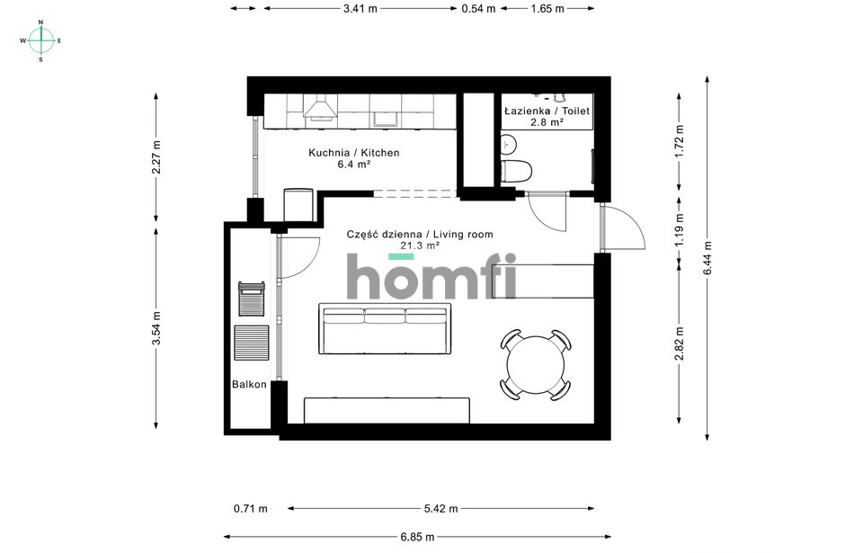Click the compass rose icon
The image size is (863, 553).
(x=40, y=40)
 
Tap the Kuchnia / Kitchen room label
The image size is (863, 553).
(x=354, y=153)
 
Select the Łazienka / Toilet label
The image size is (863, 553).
(x=547, y=111)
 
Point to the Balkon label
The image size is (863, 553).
(x=249, y=385)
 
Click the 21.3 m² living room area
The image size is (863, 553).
(x=420, y=245)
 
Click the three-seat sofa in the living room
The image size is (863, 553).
(x=386, y=328)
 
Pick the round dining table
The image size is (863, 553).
(x=536, y=365)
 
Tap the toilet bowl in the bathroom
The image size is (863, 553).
(x=516, y=171)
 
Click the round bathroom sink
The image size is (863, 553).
(x=509, y=144)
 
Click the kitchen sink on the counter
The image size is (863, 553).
(x=386, y=119)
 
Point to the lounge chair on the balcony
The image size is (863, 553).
(x=252, y=299)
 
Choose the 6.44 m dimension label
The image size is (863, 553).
(x=707, y=258)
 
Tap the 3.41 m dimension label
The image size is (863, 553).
(x=360, y=8)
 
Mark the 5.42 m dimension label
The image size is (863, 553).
(x=440, y=509)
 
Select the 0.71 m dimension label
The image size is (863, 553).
(x=251, y=509)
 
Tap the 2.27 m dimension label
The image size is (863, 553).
(x=156, y=157)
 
